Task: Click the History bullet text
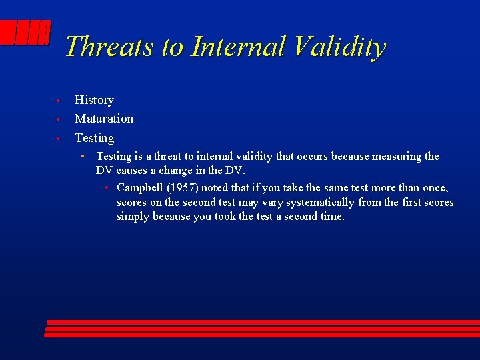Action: click(94, 100)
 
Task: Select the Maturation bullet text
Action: click(104, 119)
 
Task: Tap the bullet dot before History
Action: click(59, 101)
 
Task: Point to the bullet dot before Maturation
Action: click(59, 119)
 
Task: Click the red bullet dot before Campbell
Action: click(107, 187)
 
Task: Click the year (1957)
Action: click(185, 188)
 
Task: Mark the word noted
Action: click(217, 188)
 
